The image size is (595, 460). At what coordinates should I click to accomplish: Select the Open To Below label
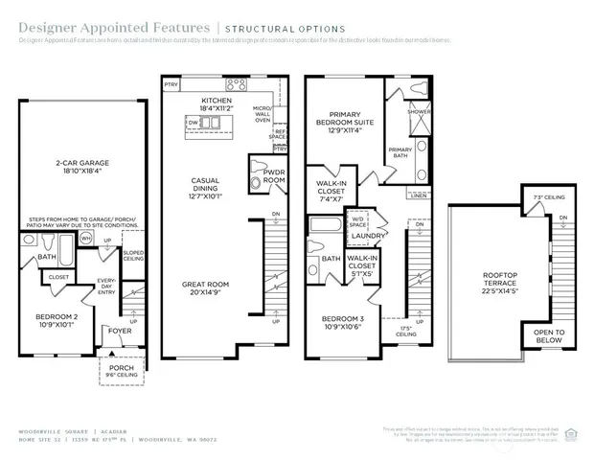tap(550, 336)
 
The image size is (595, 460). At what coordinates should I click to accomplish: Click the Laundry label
tap(368, 236)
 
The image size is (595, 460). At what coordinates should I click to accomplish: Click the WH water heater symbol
tap(86, 240)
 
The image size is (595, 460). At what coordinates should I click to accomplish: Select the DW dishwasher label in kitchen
tap(194, 123)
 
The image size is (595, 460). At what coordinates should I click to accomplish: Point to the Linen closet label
tap(418, 195)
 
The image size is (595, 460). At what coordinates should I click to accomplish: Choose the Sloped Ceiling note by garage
tap(134, 254)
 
